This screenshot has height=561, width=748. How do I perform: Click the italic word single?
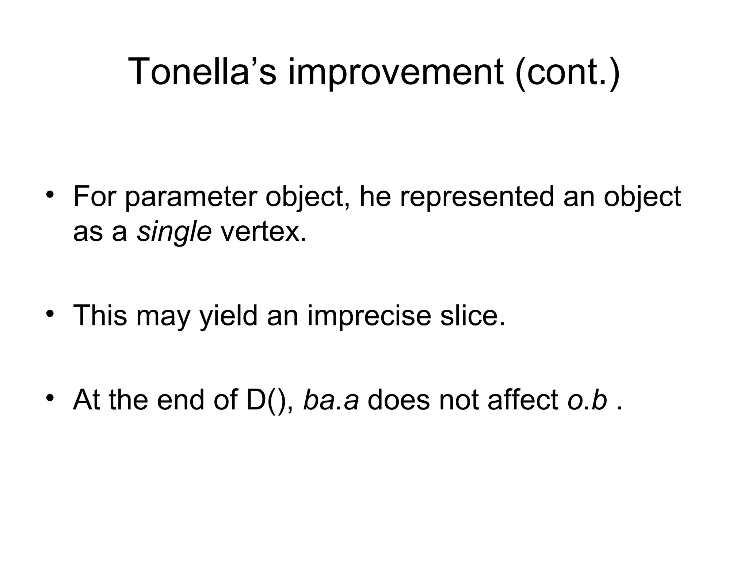coord(174,232)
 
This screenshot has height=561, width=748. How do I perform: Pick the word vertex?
coord(263,232)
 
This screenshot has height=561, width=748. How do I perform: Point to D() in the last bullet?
coord(270,400)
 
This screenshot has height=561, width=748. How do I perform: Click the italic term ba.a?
coord(331,400)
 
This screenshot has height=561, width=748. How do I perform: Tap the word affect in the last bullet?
coord(523,400)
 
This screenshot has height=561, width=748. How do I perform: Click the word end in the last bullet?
coord(180,400)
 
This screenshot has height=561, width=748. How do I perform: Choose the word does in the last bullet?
coord(398,400)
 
